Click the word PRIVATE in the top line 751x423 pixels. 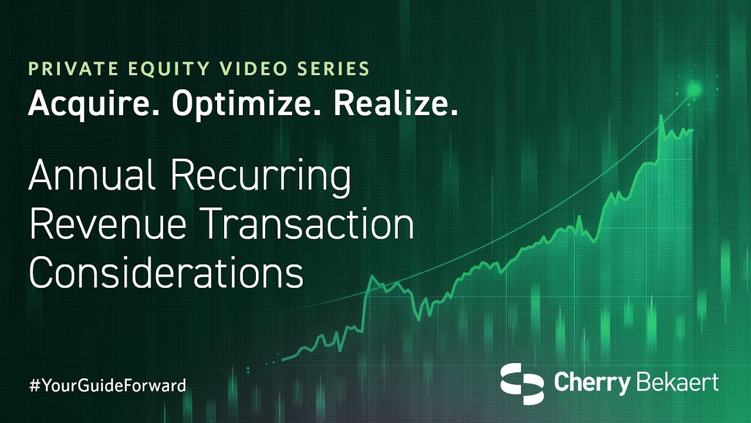click(73, 69)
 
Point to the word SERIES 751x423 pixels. click(333, 69)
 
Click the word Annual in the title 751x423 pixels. click(92, 175)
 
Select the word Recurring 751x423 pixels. click(261, 178)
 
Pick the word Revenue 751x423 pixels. click(108, 224)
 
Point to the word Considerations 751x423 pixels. click(166, 272)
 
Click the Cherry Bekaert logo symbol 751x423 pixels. click(522, 384)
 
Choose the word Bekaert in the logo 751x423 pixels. click(677, 382)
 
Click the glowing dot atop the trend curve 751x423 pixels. click(694, 89)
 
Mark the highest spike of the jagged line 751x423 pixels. click(661, 116)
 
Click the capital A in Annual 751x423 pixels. click(42, 175)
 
